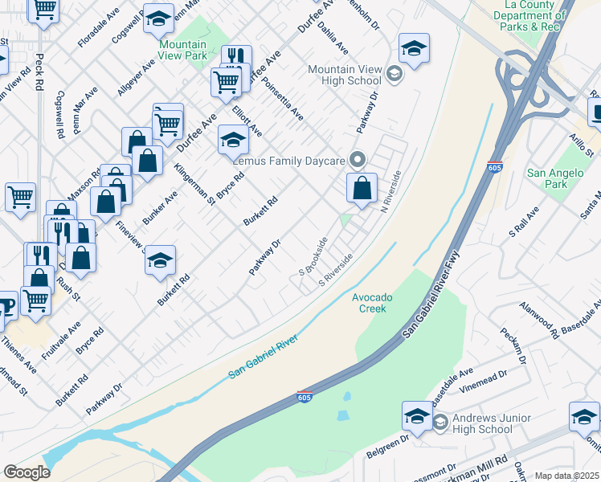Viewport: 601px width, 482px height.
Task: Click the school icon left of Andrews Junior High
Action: pyautogui.click(x=417, y=415)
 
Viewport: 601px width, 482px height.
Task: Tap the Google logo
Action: pyautogui.click(x=27, y=472)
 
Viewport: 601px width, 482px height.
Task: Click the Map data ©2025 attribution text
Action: pyautogui.click(x=566, y=476)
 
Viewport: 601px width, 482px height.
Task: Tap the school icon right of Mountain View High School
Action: pyautogui.click(x=414, y=47)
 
